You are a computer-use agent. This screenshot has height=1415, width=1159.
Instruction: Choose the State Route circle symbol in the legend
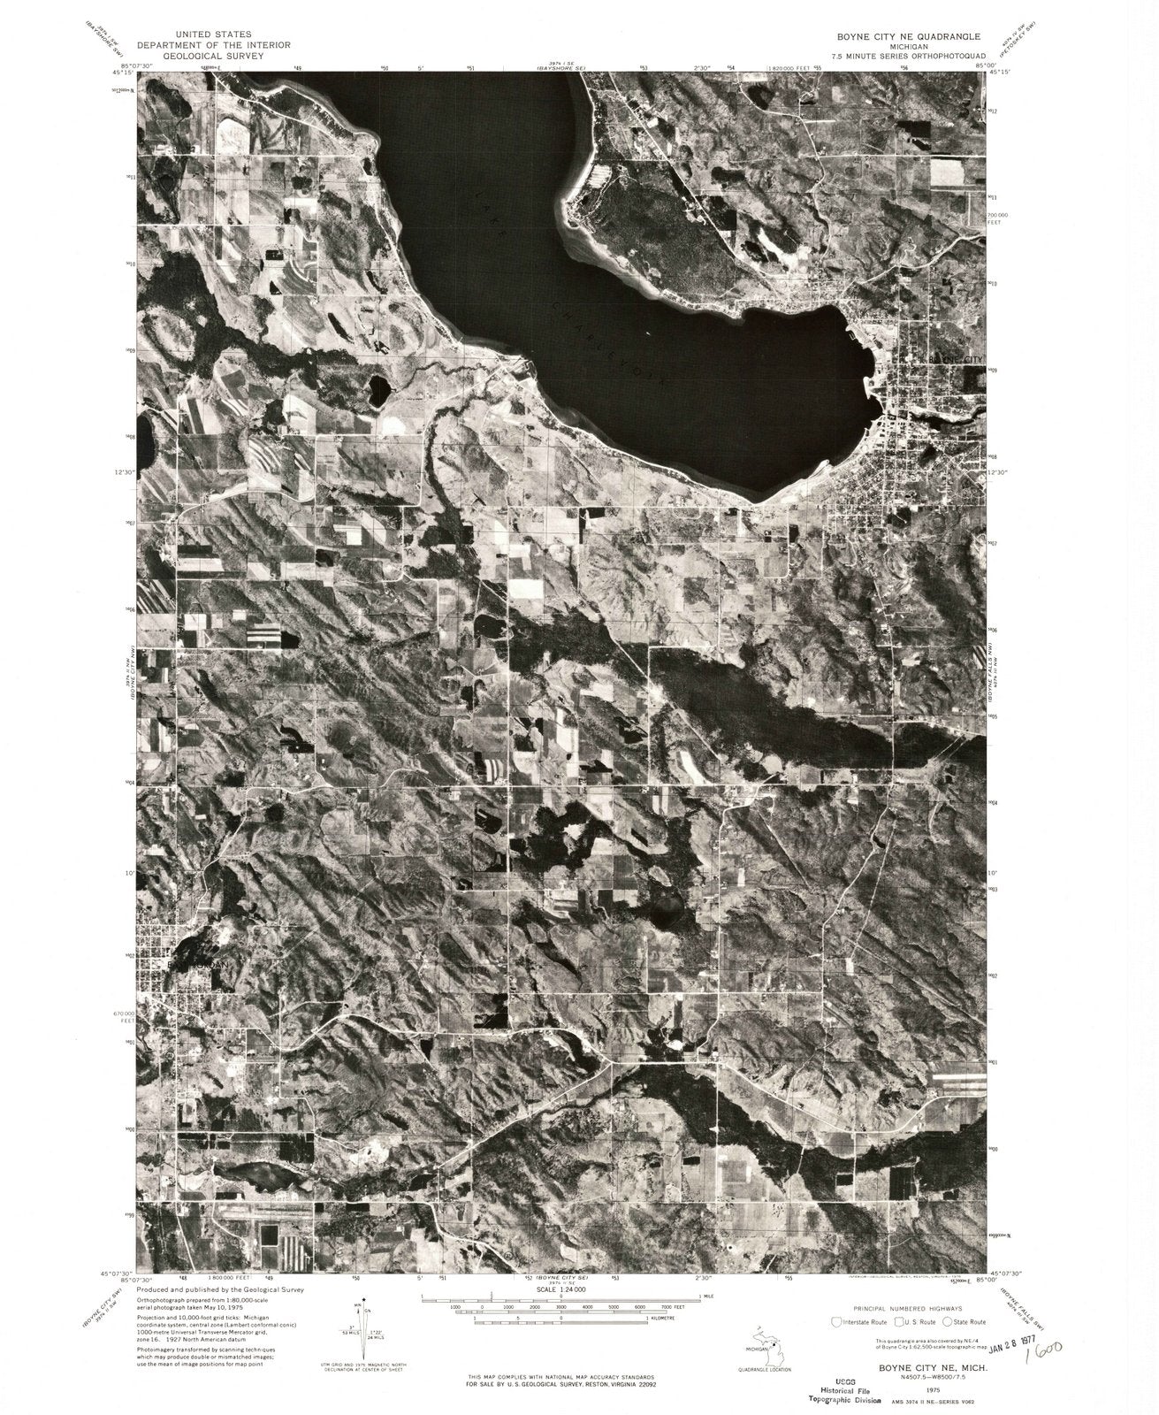[x=948, y=1322]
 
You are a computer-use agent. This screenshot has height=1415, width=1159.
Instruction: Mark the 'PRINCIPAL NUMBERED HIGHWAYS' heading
[x=907, y=1307]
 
